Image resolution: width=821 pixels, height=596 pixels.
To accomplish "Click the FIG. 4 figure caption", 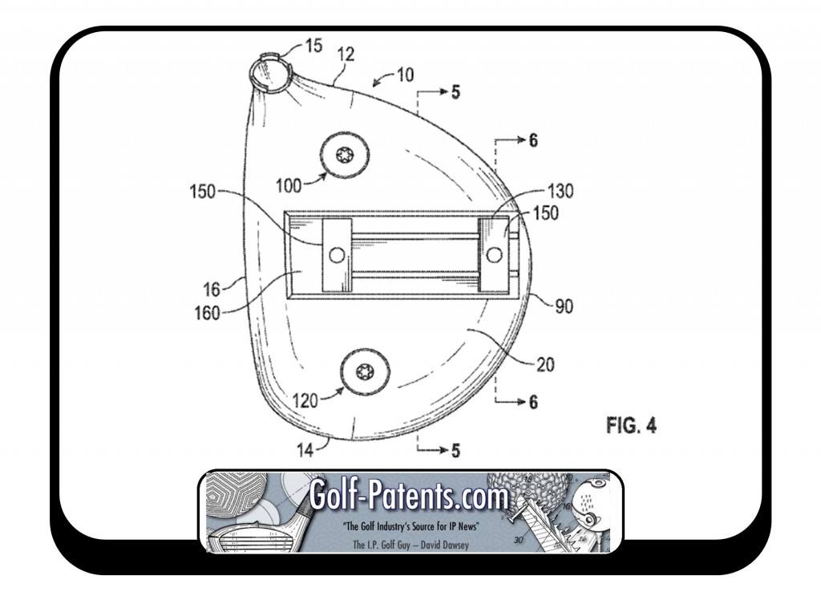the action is pyautogui.click(x=631, y=425).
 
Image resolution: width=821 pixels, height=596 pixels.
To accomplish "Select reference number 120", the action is pyautogui.click(x=305, y=400).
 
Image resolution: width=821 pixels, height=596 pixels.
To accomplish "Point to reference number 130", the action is pyautogui.click(x=560, y=191).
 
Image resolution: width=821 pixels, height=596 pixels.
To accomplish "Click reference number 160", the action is pyautogui.click(x=208, y=313).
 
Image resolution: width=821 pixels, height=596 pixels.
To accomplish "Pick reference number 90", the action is pyautogui.click(x=564, y=306).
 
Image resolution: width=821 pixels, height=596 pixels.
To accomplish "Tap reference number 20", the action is pyautogui.click(x=545, y=364).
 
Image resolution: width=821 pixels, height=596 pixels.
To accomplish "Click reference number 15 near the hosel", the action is pyautogui.click(x=313, y=46).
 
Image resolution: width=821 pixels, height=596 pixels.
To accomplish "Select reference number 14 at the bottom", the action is pyautogui.click(x=305, y=450).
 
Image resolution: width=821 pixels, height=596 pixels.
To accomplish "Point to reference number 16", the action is pyautogui.click(x=212, y=289).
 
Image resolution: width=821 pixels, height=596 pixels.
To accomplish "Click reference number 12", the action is pyautogui.click(x=346, y=54).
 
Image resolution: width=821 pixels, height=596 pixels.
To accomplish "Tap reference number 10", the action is pyautogui.click(x=405, y=75).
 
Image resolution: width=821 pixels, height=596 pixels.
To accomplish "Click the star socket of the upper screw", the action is pyautogui.click(x=345, y=155).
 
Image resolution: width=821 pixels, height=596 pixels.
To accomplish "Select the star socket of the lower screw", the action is pyautogui.click(x=365, y=372).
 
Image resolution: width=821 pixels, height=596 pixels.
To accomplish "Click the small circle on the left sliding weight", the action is pyautogui.click(x=337, y=255).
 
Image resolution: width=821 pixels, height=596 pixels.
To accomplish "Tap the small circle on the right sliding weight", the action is pyautogui.click(x=494, y=255).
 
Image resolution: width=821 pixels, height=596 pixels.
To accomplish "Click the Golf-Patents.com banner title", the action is pyautogui.click(x=409, y=495).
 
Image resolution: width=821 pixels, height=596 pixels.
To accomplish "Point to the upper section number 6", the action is pyautogui.click(x=533, y=140).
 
